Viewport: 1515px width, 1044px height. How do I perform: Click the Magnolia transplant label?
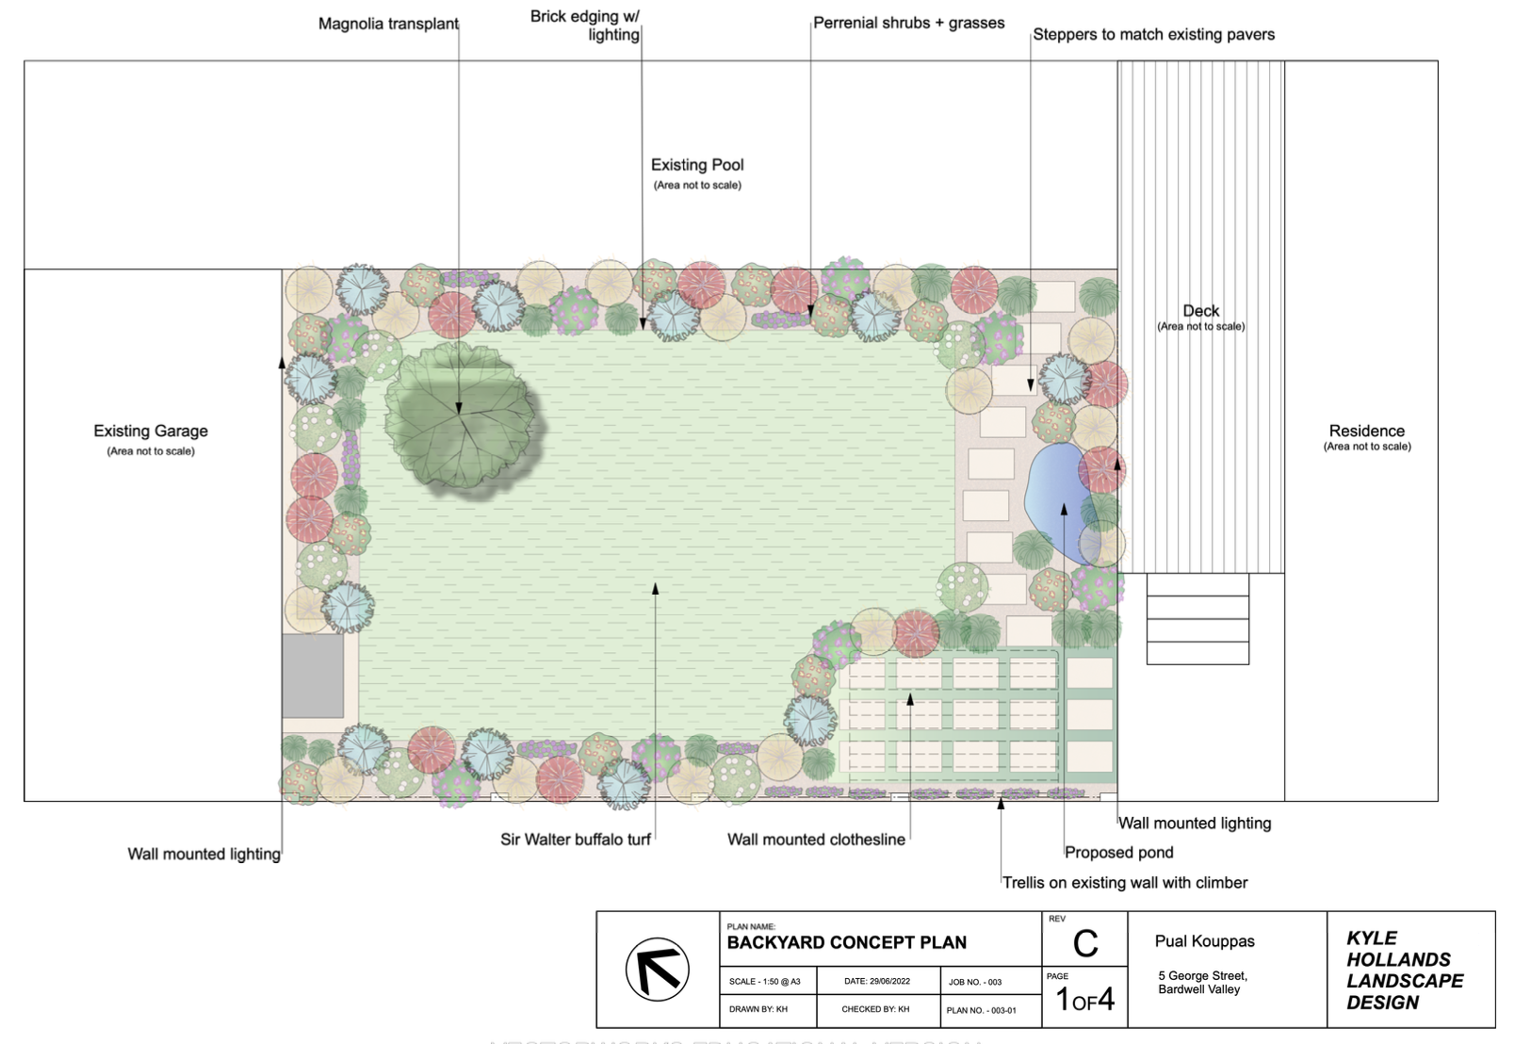pyautogui.click(x=388, y=24)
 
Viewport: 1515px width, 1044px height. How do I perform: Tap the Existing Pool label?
pyautogui.click(x=697, y=166)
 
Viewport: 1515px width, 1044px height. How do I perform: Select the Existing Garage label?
pyautogui.click(x=151, y=432)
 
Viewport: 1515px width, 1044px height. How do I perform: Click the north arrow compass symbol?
pyautogui.click(x=657, y=970)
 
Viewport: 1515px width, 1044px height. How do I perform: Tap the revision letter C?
pyautogui.click(x=1085, y=943)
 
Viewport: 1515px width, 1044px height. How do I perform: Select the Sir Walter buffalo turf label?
pyautogui.click(x=576, y=840)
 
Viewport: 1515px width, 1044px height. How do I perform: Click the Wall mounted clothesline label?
pyautogui.click(x=816, y=840)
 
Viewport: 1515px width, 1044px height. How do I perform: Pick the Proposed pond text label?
pyautogui.click(x=1119, y=853)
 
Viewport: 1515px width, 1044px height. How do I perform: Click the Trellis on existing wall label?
pyautogui.click(x=1125, y=883)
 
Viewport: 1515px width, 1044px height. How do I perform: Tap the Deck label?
pyautogui.click(x=1200, y=311)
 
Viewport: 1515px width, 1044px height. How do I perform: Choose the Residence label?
pyautogui.click(x=1366, y=432)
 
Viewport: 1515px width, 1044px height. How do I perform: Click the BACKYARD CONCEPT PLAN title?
pyautogui.click(x=847, y=942)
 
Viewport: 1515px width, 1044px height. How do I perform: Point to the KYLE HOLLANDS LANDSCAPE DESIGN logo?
pyautogui.click(x=1404, y=970)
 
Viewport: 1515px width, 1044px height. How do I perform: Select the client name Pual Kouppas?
pyautogui.click(x=1205, y=941)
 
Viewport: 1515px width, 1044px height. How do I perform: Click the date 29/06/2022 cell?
pyautogui.click(x=877, y=982)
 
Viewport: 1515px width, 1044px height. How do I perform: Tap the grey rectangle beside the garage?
pyautogui.click(x=313, y=676)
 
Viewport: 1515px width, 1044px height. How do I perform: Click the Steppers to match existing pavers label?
pyautogui.click(x=1153, y=35)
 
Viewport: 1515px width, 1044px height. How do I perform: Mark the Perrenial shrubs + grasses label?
pyautogui.click(x=909, y=24)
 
